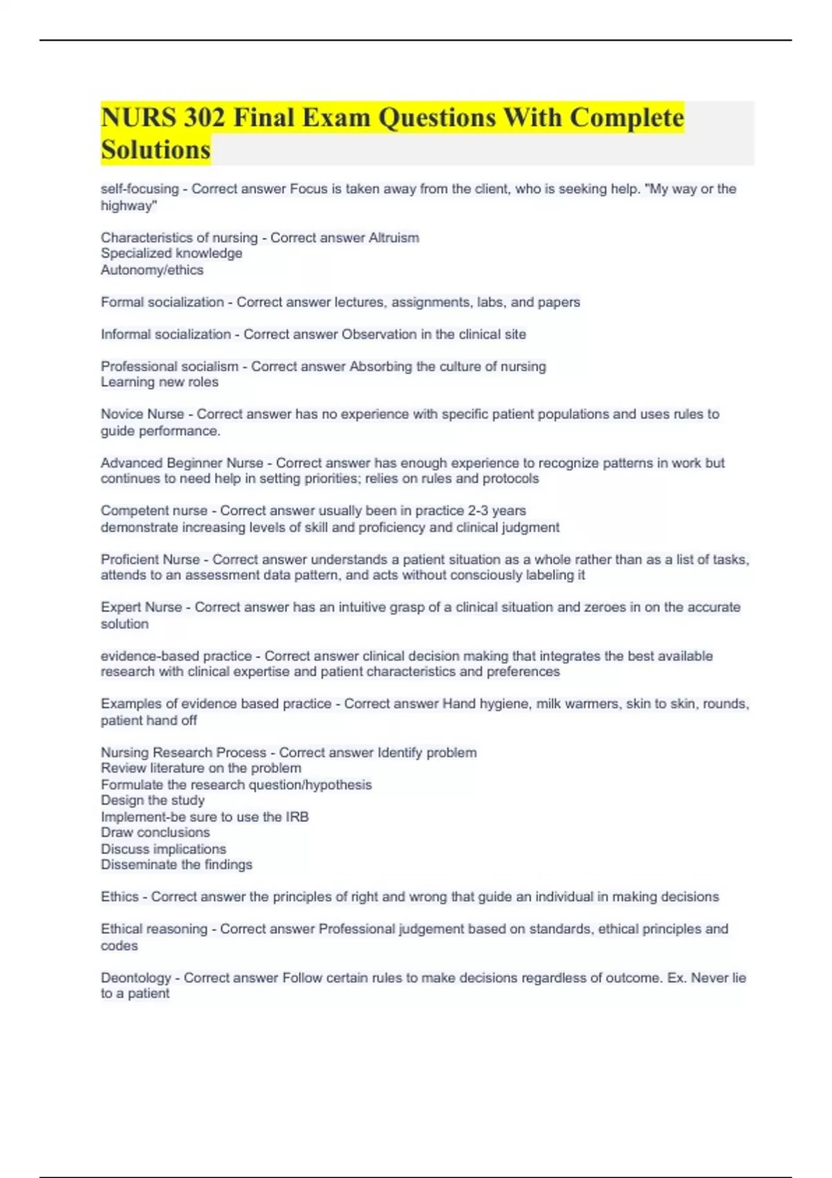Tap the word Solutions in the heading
(155, 150)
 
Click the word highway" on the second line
(129, 206)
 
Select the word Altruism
(393, 238)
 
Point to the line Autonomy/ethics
(152, 270)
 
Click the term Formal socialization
(162, 302)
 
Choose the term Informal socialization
(166, 334)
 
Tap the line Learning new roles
(159, 382)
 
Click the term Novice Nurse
(142, 414)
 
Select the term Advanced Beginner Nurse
(182, 463)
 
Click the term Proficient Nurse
(150, 559)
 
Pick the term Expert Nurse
(141, 607)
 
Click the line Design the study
(153, 800)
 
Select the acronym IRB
(297, 817)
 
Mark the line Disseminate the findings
(176, 865)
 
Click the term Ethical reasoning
(154, 929)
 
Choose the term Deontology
(135, 978)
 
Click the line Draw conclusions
(155, 832)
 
